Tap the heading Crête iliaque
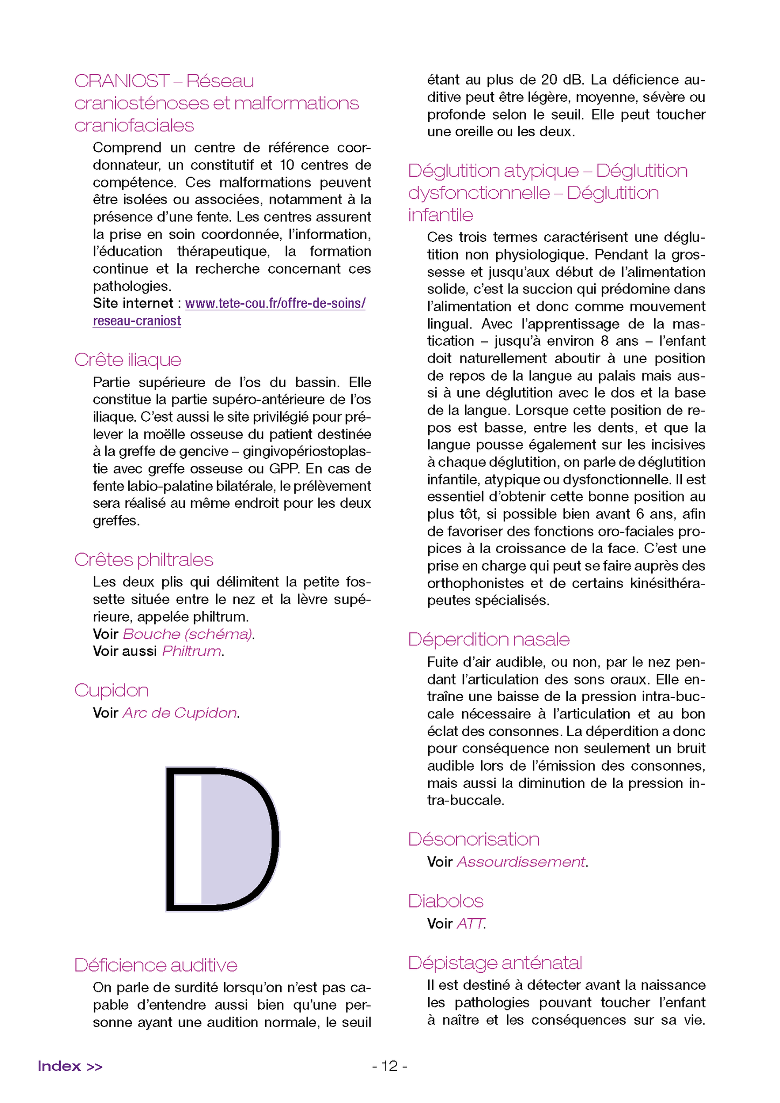[x=128, y=360]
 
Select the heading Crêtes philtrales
[x=144, y=560]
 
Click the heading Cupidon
[x=112, y=690]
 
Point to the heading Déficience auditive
[x=156, y=965]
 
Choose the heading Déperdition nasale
[x=489, y=639]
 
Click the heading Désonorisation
[x=473, y=839]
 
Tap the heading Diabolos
[x=445, y=901]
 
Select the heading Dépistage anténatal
[x=495, y=962]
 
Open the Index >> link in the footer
[x=70, y=1066]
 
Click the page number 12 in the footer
[x=389, y=1066]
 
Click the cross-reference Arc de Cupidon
[x=180, y=713]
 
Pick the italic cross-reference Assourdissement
[x=521, y=862]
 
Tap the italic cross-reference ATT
[x=470, y=924]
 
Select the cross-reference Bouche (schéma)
[x=187, y=634]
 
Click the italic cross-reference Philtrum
[x=191, y=651]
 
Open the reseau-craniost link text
[x=137, y=321]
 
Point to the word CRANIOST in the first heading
[x=122, y=81]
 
